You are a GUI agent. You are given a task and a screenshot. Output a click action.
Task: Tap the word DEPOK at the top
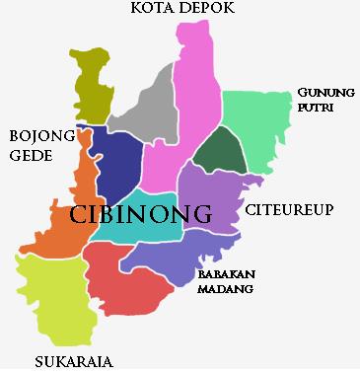[210, 9]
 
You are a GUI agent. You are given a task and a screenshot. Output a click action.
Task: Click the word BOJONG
[39, 135]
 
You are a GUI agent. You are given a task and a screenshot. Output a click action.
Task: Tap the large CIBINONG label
[142, 214]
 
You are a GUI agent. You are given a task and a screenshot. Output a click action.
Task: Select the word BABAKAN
[226, 274]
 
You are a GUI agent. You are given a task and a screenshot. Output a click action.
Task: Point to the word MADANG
[226, 289]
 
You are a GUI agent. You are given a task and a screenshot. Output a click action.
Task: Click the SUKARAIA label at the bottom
[73, 362]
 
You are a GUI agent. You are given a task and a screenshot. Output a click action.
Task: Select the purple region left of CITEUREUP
[212, 197]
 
